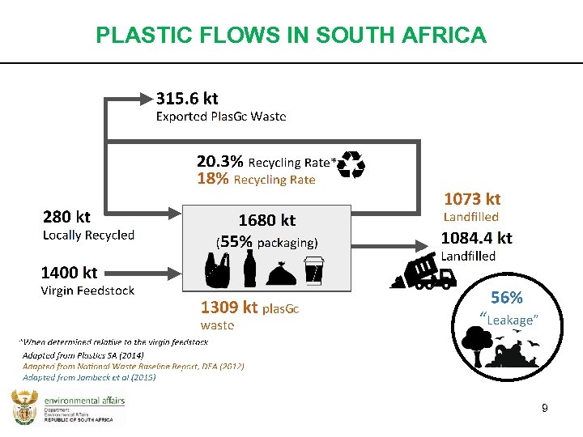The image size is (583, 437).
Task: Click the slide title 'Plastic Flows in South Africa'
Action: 291,36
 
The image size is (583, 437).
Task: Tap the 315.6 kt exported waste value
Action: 186,99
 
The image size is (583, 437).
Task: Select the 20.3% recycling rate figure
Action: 220,162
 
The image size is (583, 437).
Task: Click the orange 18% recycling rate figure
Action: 213,179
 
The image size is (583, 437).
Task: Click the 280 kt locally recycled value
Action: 66,216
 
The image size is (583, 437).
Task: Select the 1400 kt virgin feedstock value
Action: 69,273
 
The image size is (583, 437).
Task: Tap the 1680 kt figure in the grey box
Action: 266,220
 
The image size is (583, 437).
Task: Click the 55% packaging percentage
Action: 236,242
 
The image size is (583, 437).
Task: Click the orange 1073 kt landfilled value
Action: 472,198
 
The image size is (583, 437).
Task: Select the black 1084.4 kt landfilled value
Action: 476,238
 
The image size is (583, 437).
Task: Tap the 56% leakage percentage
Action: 507,298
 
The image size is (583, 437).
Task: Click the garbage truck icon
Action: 426,271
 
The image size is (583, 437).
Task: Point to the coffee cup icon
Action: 313,271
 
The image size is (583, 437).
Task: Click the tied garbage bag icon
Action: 280,275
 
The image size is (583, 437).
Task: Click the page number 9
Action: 545,409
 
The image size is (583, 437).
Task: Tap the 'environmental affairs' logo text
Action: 83,401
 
